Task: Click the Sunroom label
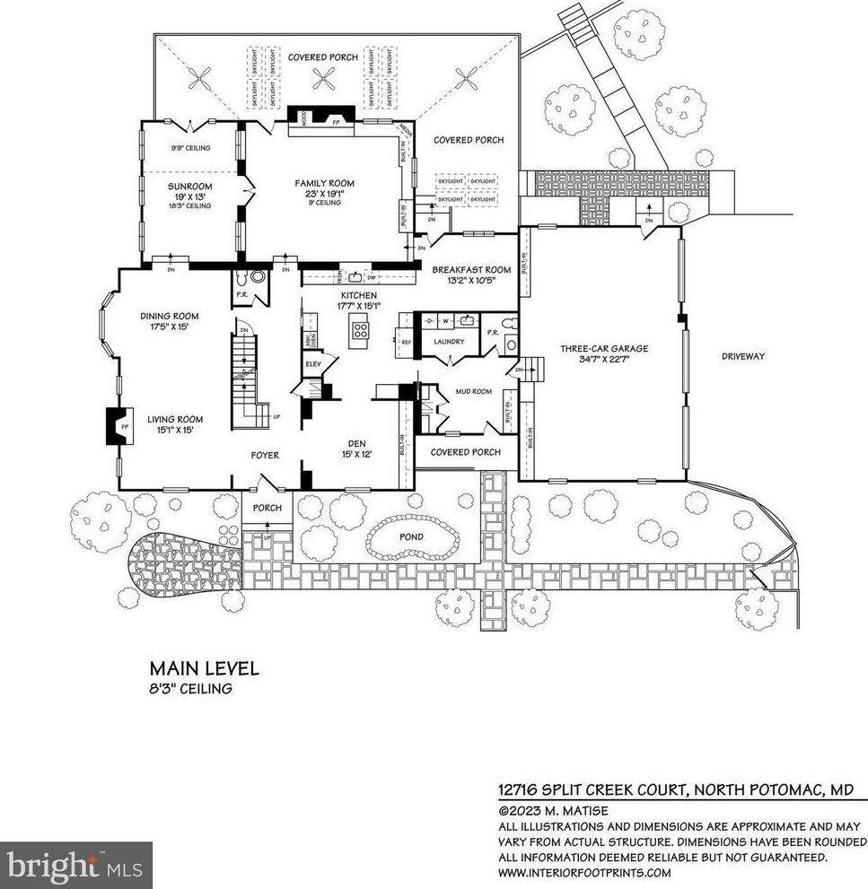point(189,187)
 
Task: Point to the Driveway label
point(743,356)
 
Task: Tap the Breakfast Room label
point(471,269)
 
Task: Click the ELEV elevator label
point(313,363)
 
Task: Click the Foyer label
point(265,456)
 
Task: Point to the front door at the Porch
point(266,487)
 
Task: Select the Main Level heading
point(204,668)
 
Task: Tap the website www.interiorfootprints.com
point(584,872)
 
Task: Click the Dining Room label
point(169,316)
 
